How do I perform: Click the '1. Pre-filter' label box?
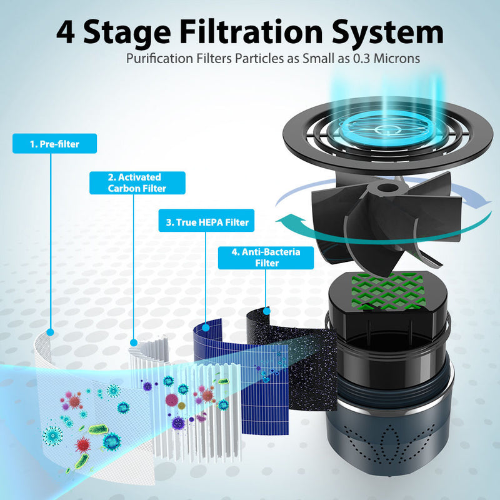point(55,144)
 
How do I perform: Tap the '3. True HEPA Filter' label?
point(197,221)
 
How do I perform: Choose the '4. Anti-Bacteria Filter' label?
point(266,257)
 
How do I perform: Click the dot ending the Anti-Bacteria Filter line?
point(267,309)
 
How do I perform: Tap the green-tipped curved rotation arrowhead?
point(285,221)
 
